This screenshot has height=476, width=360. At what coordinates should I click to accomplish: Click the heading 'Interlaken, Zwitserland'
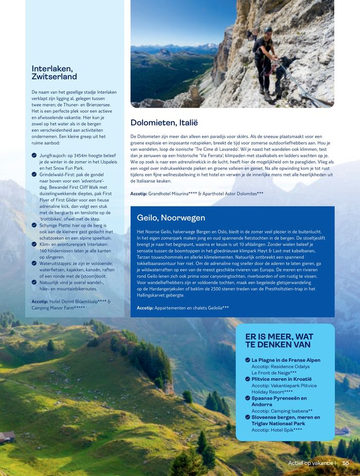(x=54, y=73)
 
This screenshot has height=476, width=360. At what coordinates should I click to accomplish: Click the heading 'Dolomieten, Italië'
(x=164, y=122)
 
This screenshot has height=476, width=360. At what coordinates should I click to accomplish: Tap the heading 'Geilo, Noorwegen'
(x=171, y=218)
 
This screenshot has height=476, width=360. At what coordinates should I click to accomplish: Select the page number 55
(x=346, y=463)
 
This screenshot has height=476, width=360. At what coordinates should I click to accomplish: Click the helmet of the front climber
(x=268, y=30)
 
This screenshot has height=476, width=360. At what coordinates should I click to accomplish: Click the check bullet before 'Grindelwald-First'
(x=34, y=174)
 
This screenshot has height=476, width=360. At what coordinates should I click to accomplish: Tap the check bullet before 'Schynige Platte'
(x=34, y=225)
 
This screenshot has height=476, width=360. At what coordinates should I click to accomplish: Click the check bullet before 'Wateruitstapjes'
(x=34, y=263)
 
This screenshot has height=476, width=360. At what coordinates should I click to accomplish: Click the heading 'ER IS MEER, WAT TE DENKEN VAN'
(x=279, y=341)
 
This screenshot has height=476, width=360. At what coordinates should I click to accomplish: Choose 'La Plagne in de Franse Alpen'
(x=285, y=360)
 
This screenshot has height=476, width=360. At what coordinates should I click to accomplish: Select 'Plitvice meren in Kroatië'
(x=281, y=379)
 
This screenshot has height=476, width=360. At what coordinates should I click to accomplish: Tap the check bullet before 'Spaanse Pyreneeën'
(x=247, y=398)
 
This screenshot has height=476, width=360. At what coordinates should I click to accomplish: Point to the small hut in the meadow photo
(x=7, y=437)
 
